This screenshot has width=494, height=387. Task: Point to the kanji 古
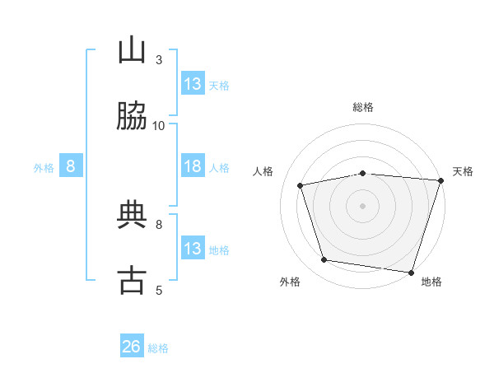(x=132, y=280)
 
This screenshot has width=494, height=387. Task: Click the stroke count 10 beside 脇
(x=159, y=125)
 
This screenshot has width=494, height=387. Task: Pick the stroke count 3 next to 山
(x=158, y=59)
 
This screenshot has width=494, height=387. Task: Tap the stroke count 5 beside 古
(x=158, y=290)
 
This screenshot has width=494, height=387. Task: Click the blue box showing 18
(x=193, y=166)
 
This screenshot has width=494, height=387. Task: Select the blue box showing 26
(x=132, y=347)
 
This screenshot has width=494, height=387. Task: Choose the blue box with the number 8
(x=71, y=166)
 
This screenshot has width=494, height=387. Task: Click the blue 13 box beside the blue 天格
(x=193, y=84)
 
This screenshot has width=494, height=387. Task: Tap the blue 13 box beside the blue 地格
(x=193, y=249)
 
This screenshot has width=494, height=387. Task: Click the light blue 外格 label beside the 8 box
(x=44, y=168)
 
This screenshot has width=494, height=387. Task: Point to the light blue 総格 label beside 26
(x=158, y=348)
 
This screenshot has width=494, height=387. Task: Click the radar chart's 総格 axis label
(x=362, y=107)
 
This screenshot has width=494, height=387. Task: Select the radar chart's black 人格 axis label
(x=263, y=171)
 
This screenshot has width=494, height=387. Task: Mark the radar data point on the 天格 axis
(x=440, y=180)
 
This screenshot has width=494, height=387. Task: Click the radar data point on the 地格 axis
(x=411, y=272)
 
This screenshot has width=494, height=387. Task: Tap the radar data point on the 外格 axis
(x=324, y=260)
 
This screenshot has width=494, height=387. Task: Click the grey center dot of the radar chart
(x=362, y=205)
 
